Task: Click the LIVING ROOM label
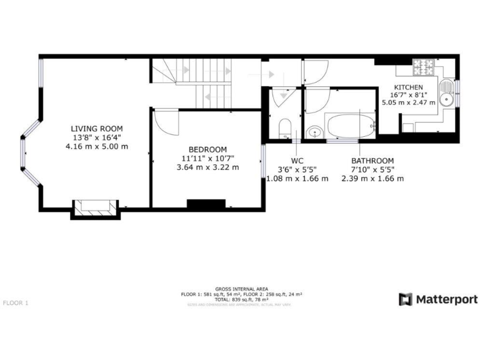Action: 96,128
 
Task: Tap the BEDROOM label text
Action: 207,149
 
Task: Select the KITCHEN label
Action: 408,87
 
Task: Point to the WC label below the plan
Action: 297,161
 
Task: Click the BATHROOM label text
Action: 372,161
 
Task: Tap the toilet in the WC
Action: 285,128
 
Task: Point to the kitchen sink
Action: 446,94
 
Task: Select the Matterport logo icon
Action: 406,299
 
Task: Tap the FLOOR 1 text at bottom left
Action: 16,303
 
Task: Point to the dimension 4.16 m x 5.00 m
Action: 96,147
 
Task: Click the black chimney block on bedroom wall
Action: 206,203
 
